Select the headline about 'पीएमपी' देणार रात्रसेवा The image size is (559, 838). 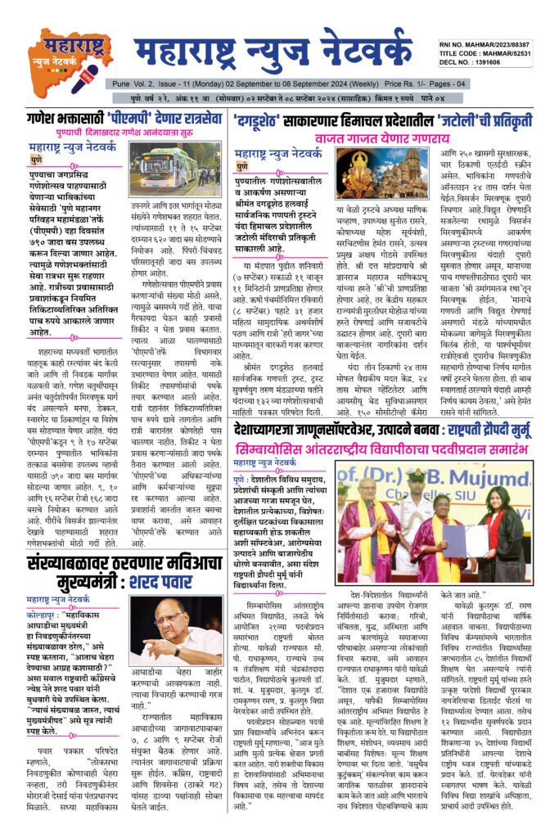point(123,118)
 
